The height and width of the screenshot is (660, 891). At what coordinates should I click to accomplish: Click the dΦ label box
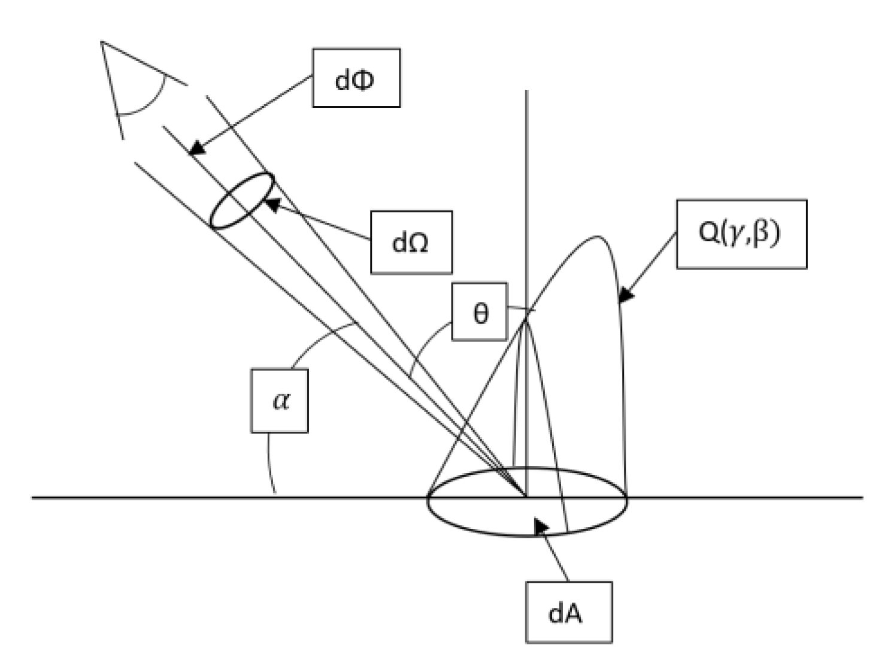(356, 78)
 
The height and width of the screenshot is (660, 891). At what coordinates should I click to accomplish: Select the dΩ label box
(411, 242)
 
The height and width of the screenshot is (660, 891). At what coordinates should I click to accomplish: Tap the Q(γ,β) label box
(741, 234)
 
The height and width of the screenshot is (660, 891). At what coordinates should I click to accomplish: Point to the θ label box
(479, 311)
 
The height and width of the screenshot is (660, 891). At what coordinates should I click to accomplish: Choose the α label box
(279, 400)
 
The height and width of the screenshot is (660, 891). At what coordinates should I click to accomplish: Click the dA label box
(568, 612)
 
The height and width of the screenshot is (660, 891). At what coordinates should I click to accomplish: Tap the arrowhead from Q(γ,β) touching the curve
(625, 296)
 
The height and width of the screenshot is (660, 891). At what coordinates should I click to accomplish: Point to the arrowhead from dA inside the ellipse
(540, 525)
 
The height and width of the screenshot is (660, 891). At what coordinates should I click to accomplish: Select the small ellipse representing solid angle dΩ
(242, 201)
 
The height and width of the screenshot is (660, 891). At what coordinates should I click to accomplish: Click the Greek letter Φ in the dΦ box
(363, 78)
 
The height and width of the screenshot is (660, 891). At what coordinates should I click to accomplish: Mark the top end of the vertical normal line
(526, 91)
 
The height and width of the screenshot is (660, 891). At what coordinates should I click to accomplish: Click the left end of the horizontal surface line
(33, 497)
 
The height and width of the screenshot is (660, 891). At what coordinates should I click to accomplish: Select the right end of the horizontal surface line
(862, 497)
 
